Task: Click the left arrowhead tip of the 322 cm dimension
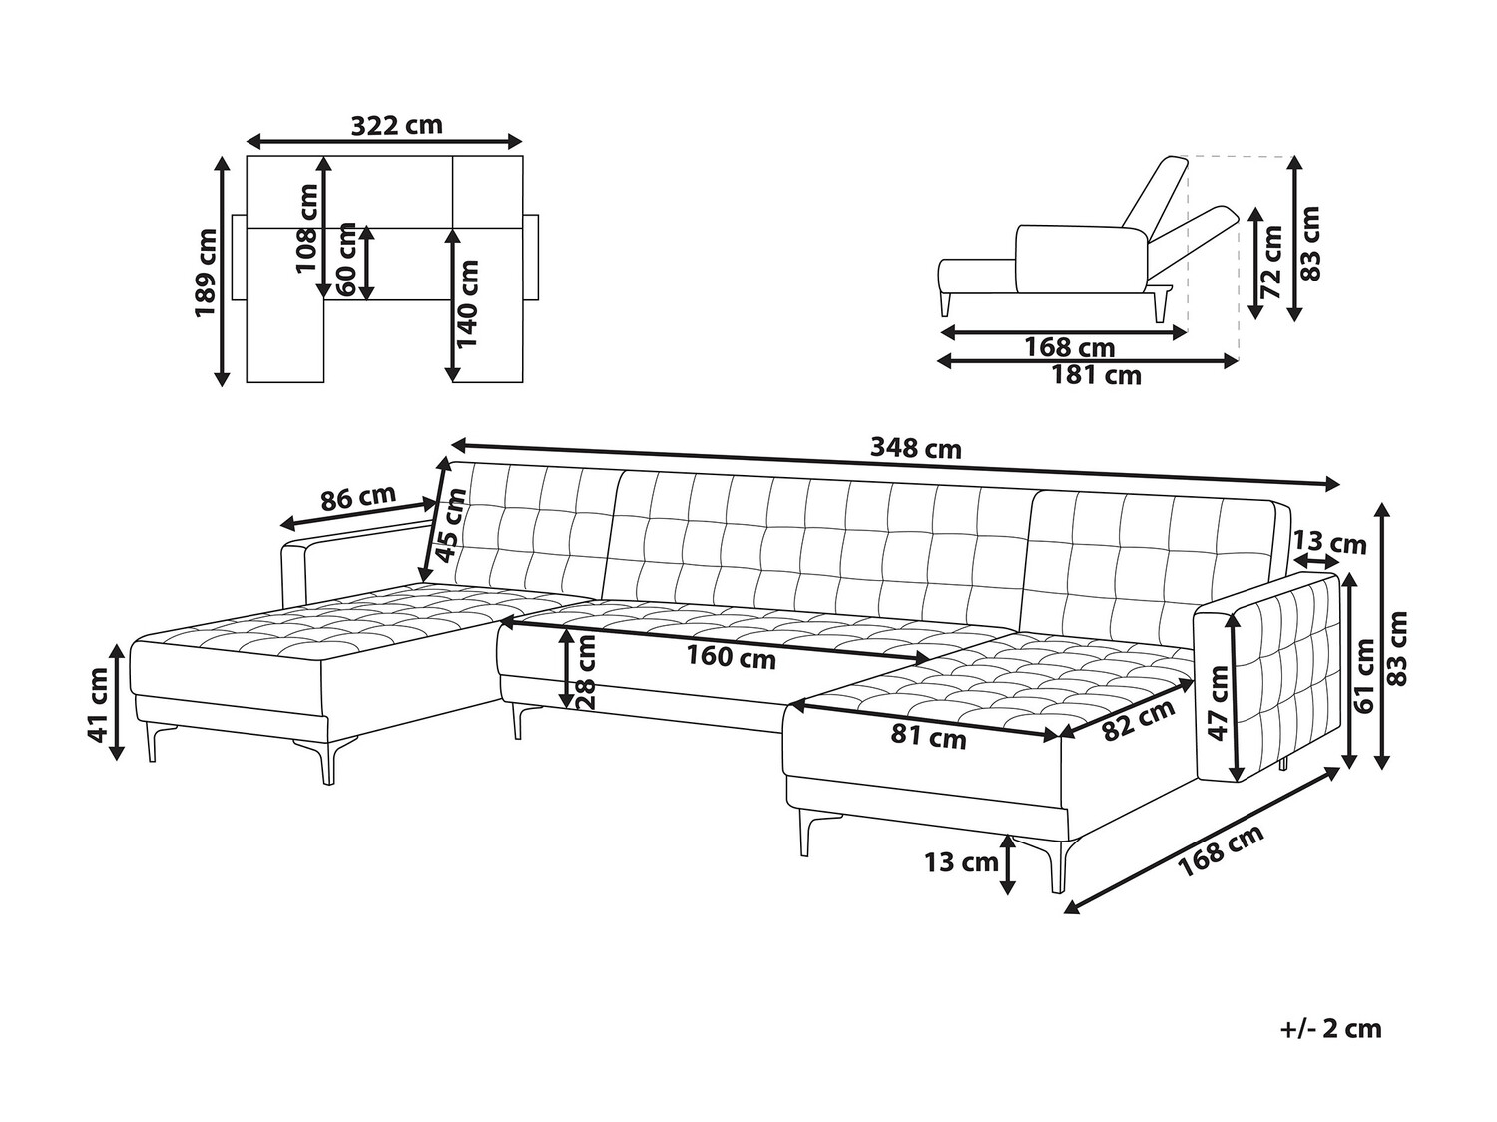tap(247, 142)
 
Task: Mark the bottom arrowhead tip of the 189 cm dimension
tap(222, 386)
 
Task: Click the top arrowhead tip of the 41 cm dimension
tap(118, 645)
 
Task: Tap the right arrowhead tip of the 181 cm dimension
tap(1238, 361)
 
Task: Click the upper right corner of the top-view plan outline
tap(523, 156)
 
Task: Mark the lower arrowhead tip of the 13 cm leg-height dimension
tap(1007, 894)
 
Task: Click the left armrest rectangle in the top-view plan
tap(239, 258)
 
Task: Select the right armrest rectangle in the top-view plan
tap(531, 258)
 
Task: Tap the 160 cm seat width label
tap(731, 658)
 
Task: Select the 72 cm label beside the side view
tap(1271, 263)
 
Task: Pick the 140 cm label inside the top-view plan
tap(468, 303)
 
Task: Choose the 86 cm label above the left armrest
tap(358, 498)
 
